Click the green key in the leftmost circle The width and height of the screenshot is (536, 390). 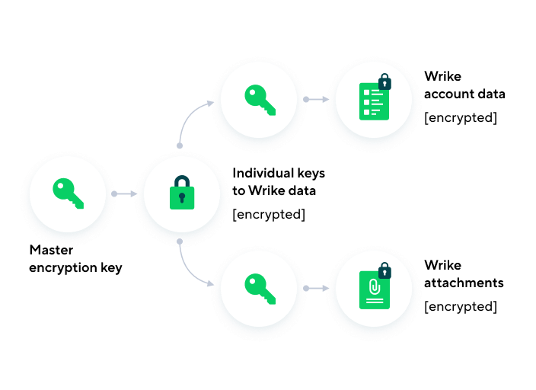pos(68,193)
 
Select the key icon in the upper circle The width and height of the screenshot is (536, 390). pos(260,99)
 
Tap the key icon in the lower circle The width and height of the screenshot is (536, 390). pos(260,288)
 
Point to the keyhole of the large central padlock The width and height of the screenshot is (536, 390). pos(182,198)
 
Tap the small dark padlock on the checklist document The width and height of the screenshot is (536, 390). pos(384,82)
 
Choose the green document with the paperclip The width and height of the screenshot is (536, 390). pos(374,290)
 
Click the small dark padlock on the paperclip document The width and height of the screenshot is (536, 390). pos(384,270)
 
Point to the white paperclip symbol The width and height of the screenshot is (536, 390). pos(374,286)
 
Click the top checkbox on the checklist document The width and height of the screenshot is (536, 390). pos(366,92)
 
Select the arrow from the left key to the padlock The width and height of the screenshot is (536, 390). pos(125,193)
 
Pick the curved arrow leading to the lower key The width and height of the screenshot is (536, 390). pos(190,270)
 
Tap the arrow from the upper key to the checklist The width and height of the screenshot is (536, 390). pos(317,99)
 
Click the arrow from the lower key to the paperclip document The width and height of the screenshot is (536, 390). pos(317,288)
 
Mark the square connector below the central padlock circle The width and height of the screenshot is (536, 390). pos(180,241)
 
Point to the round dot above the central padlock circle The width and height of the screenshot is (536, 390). pos(180,145)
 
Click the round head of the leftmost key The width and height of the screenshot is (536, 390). pos(62,187)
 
